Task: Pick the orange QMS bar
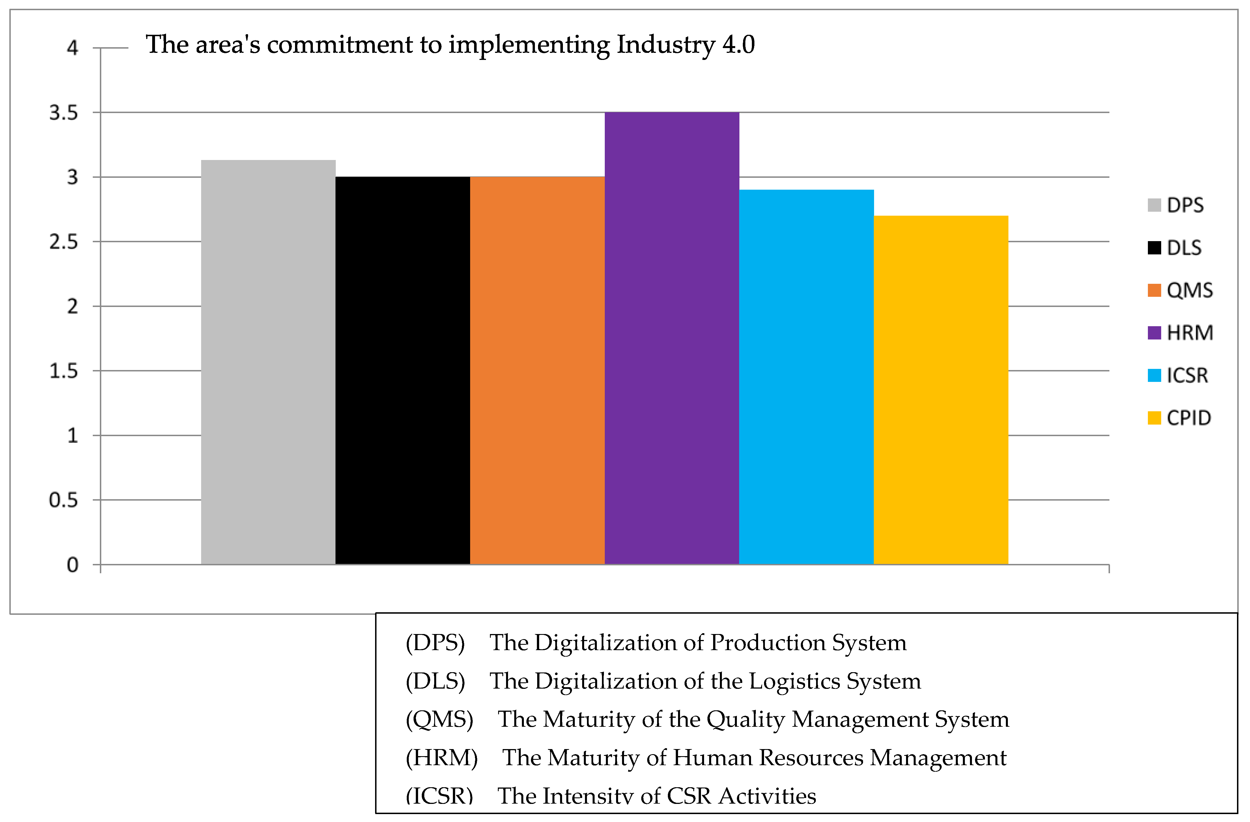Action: click(537, 370)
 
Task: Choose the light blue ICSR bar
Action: click(806, 377)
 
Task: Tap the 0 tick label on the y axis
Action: click(72, 565)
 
